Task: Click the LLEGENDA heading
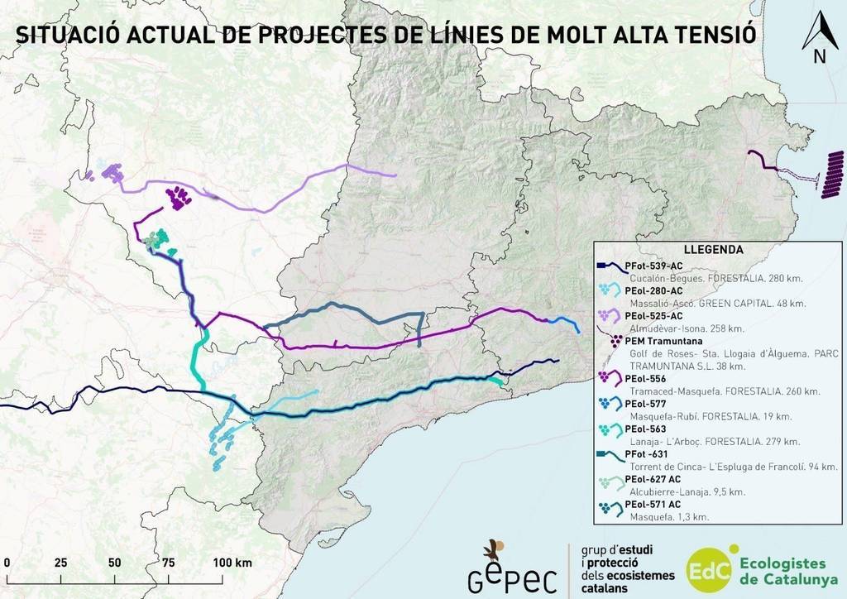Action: tap(713, 249)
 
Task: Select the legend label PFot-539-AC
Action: tap(654, 266)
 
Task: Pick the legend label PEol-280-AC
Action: tap(654, 290)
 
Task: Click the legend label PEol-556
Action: tap(645, 378)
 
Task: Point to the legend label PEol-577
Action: tap(645, 404)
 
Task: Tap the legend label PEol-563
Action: tap(645, 429)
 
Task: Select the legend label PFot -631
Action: tap(647, 454)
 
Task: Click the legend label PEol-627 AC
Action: tap(653, 479)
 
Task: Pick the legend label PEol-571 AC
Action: tap(653, 504)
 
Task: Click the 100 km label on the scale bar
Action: tap(232, 563)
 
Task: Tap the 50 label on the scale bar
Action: tap(114, 563)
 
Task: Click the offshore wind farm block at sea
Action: tap(831, 175)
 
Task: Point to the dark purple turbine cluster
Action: tap(177, 197)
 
